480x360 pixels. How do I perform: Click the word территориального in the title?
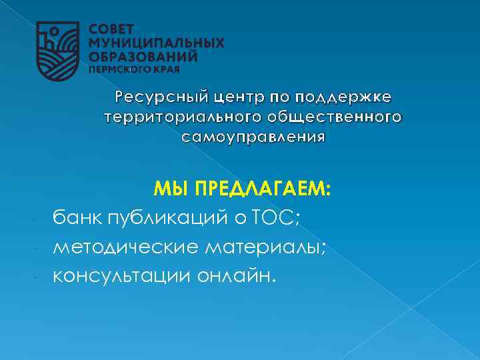176,118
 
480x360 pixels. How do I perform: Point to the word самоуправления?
253,137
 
